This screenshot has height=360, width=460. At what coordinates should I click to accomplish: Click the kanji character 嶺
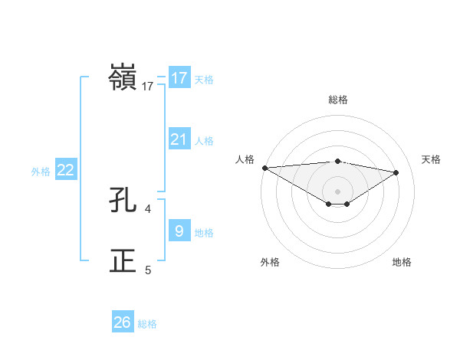(123, 79)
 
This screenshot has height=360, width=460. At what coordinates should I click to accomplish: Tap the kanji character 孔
(123, 201)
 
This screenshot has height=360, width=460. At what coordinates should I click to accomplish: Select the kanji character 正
(123, 261)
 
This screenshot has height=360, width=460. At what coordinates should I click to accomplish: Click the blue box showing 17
(179, 78)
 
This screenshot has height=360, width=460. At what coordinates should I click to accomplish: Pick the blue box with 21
(179, 139)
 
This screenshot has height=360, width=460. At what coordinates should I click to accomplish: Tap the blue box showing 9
(179, 231)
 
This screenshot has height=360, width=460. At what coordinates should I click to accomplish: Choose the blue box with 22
(66, 170)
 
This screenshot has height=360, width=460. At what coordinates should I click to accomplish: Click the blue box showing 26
(123, 322)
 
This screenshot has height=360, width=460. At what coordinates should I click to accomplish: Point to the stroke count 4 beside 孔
(148, 208)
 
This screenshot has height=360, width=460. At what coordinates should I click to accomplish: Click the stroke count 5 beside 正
(148, 270)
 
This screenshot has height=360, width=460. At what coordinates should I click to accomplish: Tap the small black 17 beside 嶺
(148, 87)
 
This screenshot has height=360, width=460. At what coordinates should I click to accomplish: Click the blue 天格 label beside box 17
(204, 79)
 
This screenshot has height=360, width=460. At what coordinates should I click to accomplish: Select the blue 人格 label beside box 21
(204, 140)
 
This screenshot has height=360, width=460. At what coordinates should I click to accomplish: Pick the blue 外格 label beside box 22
(41, 172)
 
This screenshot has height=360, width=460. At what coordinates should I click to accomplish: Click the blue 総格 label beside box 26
(147, 324)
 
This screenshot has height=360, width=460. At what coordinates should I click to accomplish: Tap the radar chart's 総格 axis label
(337, 100)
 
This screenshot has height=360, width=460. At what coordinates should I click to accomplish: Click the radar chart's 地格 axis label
(402, 262)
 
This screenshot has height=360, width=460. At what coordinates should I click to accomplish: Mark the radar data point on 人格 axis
(264, 167)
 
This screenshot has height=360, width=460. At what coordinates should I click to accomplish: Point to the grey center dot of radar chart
(337, 190)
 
